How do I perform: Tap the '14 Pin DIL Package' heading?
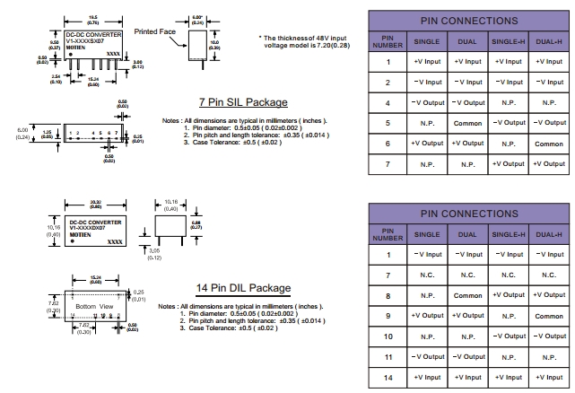243,288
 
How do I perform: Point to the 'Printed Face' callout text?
153,31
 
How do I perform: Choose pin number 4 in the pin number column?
388,102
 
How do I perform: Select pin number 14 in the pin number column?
388,378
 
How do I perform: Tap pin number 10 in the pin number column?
388,336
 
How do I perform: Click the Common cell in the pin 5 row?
467,123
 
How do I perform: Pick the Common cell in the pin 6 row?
548,144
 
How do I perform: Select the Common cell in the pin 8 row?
467,295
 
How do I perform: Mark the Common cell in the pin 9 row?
548,316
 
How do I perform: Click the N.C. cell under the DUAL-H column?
548,275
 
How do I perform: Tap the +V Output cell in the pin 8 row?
548,295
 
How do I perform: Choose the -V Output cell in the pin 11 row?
427,357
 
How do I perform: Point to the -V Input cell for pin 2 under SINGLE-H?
509,82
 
